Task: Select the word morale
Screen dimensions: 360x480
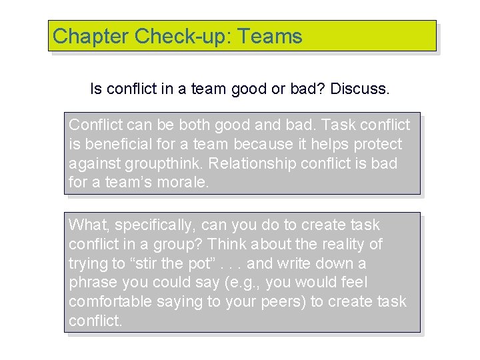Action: tap(183, 183)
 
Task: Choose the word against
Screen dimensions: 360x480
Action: tap(91, 163)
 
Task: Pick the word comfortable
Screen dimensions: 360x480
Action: tap(110, 301)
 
